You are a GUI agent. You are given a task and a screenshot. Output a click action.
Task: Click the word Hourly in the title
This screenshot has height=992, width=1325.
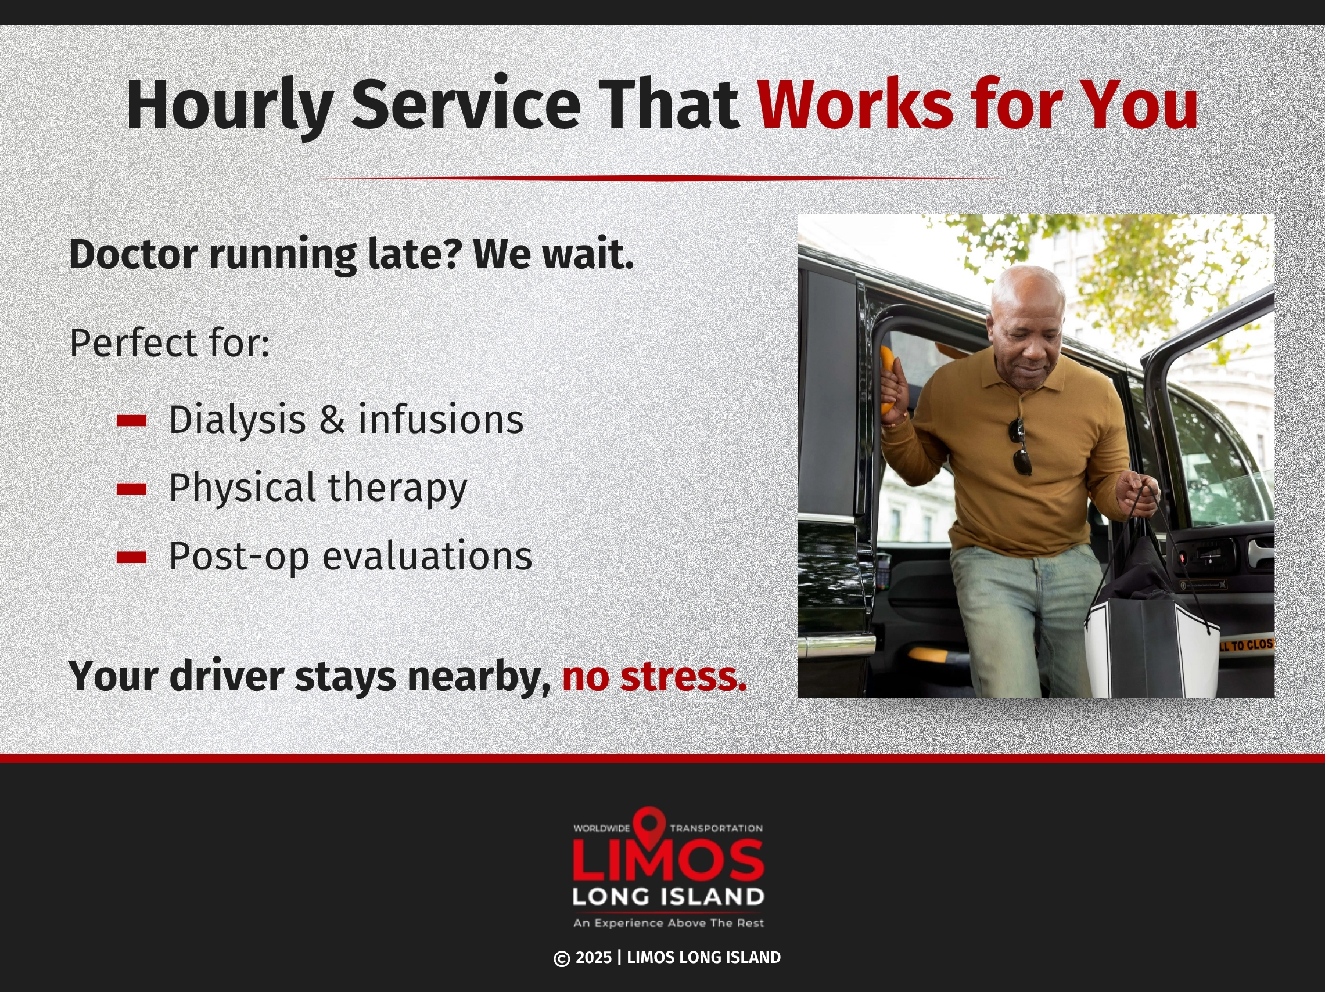click(x=229, y=106)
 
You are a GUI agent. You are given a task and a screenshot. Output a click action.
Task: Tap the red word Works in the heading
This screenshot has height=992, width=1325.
click(x=856, y=103)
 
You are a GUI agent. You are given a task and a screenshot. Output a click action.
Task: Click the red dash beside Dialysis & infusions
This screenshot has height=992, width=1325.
click(x=132, y=421)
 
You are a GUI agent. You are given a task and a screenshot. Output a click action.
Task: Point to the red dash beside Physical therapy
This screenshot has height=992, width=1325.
click(x=132, y=489)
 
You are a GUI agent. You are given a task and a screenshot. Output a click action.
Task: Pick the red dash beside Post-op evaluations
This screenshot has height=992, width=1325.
click(x=132, y=557)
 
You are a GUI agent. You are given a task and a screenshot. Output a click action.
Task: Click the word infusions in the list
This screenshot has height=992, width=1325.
click(x=441, y=419)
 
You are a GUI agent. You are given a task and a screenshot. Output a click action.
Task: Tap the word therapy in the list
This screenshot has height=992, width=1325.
click(x=397, y=489)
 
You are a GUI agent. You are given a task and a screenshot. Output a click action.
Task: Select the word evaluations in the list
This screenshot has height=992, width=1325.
click(x=427, y=555)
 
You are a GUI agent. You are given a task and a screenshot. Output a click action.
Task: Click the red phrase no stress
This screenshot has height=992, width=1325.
click(x=654, y=676)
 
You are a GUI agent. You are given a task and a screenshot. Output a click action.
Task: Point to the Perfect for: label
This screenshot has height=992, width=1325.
click(x=170, y=343)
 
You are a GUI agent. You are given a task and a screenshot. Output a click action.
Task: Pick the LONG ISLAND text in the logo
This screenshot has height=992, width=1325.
click(x=668, y=897)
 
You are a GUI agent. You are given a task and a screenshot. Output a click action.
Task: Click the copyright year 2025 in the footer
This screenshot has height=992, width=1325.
click(x=593, y=958)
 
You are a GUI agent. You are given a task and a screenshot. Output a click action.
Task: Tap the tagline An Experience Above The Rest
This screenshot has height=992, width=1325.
click(x=669, y=923)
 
